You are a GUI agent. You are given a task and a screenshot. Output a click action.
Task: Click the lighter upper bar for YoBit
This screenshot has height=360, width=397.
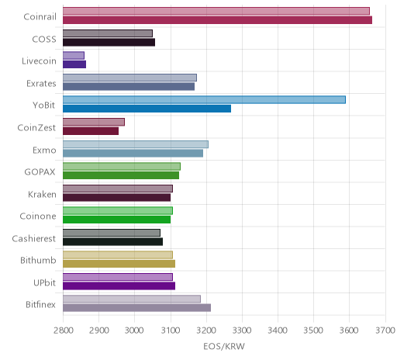pos(204,99)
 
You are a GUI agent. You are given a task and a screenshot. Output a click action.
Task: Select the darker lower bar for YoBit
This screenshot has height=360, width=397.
pos(147,109)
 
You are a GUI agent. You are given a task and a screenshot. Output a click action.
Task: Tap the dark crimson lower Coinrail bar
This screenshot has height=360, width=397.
pos(217,20)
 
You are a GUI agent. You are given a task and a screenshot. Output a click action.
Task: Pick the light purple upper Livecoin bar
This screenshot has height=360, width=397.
pos(74,55)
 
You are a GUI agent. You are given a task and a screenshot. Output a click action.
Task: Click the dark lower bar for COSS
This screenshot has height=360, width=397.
pos(109,42)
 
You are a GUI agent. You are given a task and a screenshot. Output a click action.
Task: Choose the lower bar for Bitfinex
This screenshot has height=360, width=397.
pos(136,308)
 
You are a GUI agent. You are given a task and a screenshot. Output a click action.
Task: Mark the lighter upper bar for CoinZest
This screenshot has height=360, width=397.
pos(94,122)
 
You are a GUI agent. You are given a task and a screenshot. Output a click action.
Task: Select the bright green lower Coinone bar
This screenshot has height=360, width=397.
pos(116,220)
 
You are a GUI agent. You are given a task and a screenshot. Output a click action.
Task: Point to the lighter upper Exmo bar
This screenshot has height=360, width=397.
pos(136,144)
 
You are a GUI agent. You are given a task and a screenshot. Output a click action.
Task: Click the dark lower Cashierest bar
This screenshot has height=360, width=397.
pos(112,241)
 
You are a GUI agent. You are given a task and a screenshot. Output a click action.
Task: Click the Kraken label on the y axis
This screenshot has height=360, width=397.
pos(42,194)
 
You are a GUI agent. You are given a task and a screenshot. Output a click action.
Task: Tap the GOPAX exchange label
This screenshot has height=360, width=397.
pos(40,172)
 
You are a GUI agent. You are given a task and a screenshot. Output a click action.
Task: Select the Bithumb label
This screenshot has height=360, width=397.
pos(38,260)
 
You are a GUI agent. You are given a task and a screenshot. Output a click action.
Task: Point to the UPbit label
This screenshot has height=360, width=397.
pos(44,282)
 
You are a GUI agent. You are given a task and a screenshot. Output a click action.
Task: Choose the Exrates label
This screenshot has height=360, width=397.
pos(41,84)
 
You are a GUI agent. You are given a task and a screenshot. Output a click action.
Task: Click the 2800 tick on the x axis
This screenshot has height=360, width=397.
pos(63,331)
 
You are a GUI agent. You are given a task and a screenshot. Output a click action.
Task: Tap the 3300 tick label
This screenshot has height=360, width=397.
pos(242,331)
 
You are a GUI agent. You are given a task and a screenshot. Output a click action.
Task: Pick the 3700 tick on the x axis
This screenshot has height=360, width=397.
pos(385,331)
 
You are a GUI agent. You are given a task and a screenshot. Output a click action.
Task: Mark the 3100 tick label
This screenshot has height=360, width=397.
pos(171,331)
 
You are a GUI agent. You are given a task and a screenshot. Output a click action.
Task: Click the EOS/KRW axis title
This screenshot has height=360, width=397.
pos(224,346)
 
